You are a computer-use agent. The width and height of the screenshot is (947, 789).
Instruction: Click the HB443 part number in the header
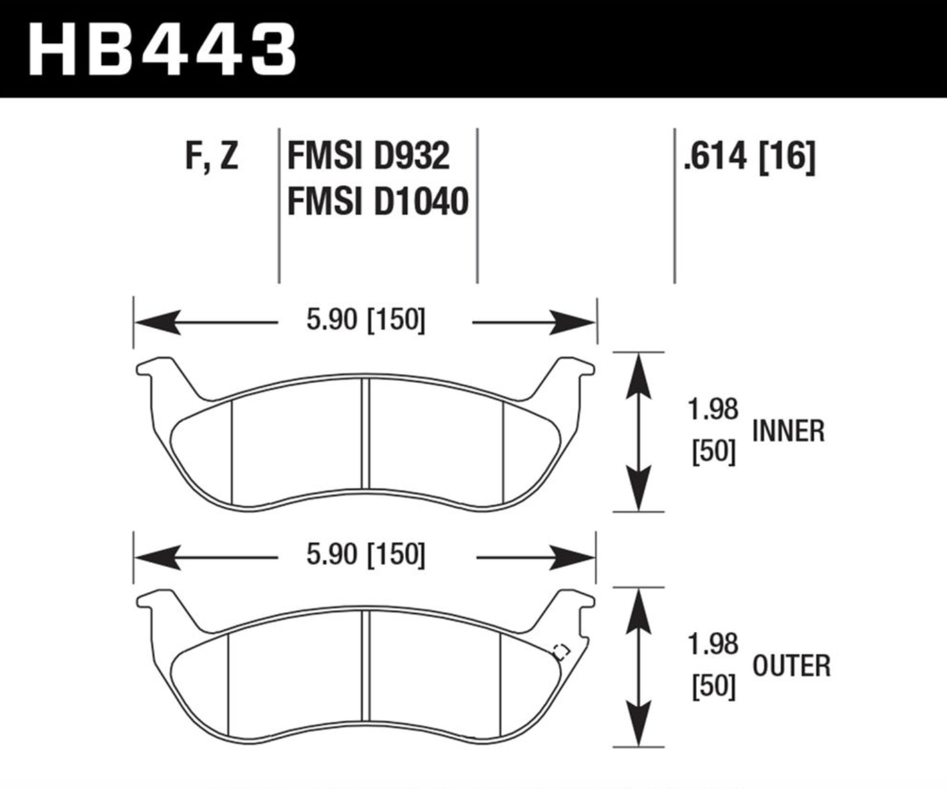pyautogui.click(x=162, y=50)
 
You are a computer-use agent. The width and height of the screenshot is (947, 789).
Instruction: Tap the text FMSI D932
pyautogui.click(x=368, y=156)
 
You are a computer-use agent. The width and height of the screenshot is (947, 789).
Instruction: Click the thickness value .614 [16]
pyautogui.click(x=749, y=156)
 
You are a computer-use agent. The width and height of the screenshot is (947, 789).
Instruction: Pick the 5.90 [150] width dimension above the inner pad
pyautogui.click(x=365, y=320)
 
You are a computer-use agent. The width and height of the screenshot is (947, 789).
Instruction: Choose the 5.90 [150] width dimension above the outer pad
pyautogui.click(x=365, y=554)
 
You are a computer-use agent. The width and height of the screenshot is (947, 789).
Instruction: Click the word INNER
pyautogui.click(x=789, y=431)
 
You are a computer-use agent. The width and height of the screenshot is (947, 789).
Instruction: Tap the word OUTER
pyautogui.click(x=791, y=665)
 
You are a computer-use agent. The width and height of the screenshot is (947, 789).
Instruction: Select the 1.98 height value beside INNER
pyautogui.click(x=713, y=409)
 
